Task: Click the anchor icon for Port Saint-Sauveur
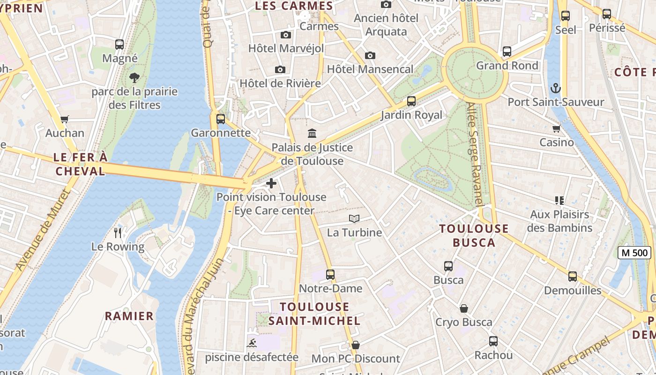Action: pos(555,88)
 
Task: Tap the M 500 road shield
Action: pos(634,253)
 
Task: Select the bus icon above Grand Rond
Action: pos(507,52)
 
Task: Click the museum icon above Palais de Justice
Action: pos(312,134)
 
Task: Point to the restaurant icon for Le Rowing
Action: pos(118,232)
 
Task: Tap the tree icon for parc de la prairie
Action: pos(134,77)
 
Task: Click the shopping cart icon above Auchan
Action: pos(65,119)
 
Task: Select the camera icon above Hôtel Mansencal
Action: pos(370,55)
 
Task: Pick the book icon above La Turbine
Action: pos(354,218)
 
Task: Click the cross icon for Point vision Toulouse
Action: pos(271,183)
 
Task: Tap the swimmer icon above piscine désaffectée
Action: pos(252,343)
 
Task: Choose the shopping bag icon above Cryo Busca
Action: pos(464,308)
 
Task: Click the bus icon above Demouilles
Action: pos(573,277)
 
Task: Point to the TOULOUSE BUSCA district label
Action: pos(474,235)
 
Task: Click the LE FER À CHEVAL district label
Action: pos(81,164)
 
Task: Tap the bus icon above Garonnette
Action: pos(221,119)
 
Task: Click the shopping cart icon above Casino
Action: pos(557,128)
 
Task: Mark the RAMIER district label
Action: pos(129,316)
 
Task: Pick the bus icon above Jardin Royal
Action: pos(411,101)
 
